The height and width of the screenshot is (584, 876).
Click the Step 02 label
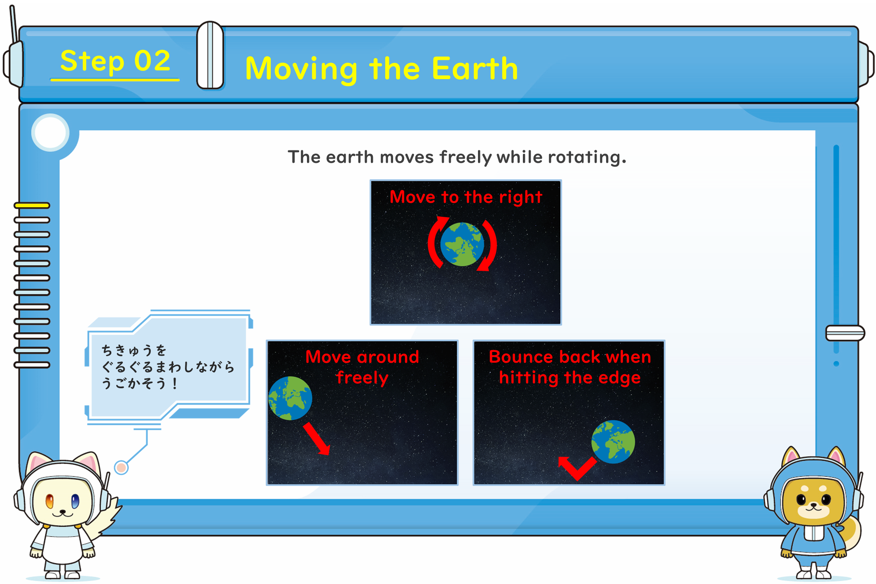click(115, 61)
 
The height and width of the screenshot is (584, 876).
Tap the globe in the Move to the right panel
click(462, 244)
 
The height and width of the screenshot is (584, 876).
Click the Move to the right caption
click(466, 197)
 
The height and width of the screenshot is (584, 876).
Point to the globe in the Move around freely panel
click(290, 398)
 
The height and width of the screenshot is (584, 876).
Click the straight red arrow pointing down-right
click(317, 439)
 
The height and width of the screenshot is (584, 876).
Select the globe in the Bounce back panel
click(613, 442)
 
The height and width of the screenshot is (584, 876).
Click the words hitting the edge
click(570, 378)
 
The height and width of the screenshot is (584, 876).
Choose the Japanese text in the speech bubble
click(168, 367)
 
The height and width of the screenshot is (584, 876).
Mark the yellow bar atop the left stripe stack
click(32, 205)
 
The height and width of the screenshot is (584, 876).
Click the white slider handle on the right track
click(845, 333)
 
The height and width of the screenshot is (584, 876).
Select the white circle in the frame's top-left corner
click(50, 133)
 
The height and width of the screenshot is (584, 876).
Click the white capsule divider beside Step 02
click(210, 55)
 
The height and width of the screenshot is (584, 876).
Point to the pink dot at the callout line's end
click(121, 467)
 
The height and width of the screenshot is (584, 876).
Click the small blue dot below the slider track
click(836, 364)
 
